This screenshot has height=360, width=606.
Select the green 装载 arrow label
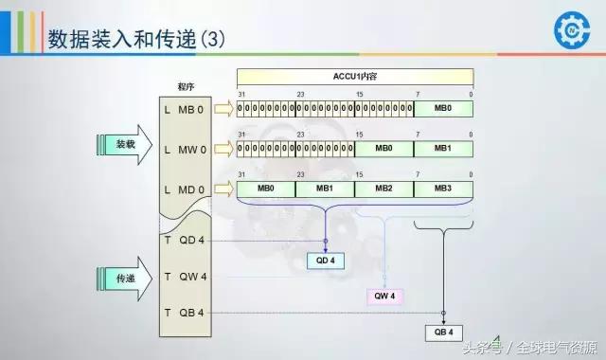[x=126, y=145]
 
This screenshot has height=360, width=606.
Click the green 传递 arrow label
[x=126, y=279]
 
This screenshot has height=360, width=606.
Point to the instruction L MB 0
[x=185, y=111]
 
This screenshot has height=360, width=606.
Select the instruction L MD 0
[x=185, y=190]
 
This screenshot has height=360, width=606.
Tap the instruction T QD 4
[x=185, y=240]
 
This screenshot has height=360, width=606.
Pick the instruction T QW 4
[x=185, y=277]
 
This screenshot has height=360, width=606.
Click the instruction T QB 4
[x=185, y=313]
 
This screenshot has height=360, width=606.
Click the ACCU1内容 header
[x=354, y=74]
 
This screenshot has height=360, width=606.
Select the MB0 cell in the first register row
[x=443, y=109]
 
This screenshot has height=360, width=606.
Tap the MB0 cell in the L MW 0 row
[x=383, y=149]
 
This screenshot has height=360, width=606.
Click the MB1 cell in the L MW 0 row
[x=443, y=149]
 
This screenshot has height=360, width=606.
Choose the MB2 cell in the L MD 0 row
[x=383, y=189]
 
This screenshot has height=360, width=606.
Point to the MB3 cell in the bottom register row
[x=443, y=189]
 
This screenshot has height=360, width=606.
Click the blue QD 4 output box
[x=326, y=260]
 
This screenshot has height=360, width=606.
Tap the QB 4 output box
[x=444, y=333]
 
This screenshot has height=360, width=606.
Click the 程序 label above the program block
[x=186, y=86]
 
